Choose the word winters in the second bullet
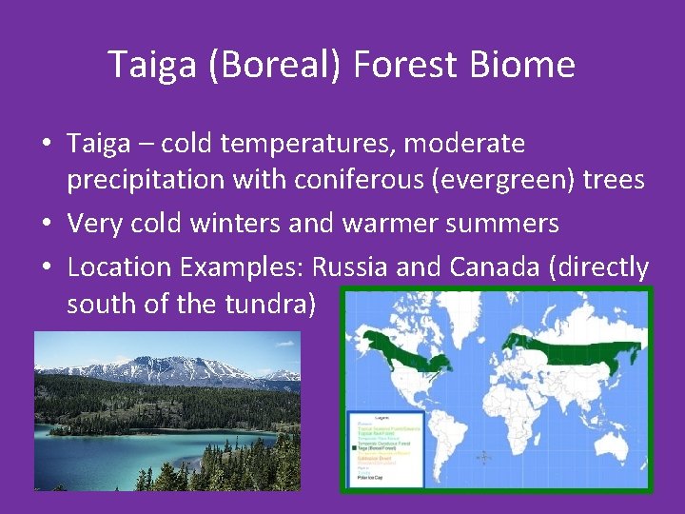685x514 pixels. pos(269,224)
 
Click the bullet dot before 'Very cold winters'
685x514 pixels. pos(47,225)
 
